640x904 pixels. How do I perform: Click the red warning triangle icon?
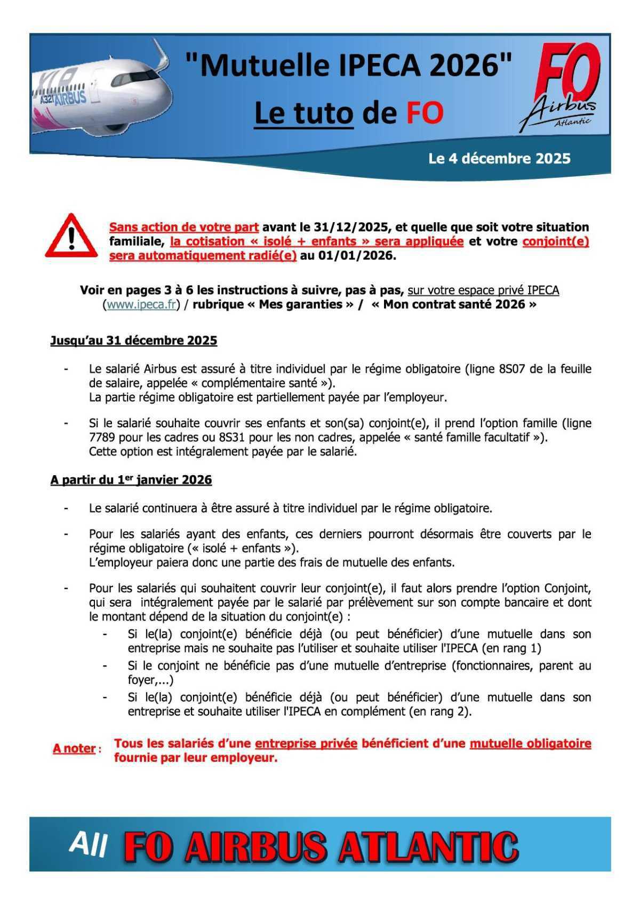71,237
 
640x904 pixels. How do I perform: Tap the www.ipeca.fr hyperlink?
141,305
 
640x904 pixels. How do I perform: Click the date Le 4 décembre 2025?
499,159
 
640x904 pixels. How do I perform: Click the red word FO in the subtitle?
425,113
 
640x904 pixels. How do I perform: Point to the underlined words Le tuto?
303,113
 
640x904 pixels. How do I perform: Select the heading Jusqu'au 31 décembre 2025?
133,341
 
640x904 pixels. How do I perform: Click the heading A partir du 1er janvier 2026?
131,480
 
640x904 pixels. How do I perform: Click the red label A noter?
74,748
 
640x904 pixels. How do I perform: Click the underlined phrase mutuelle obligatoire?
530,744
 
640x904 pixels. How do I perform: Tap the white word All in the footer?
88,844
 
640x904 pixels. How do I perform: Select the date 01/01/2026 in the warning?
356,256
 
